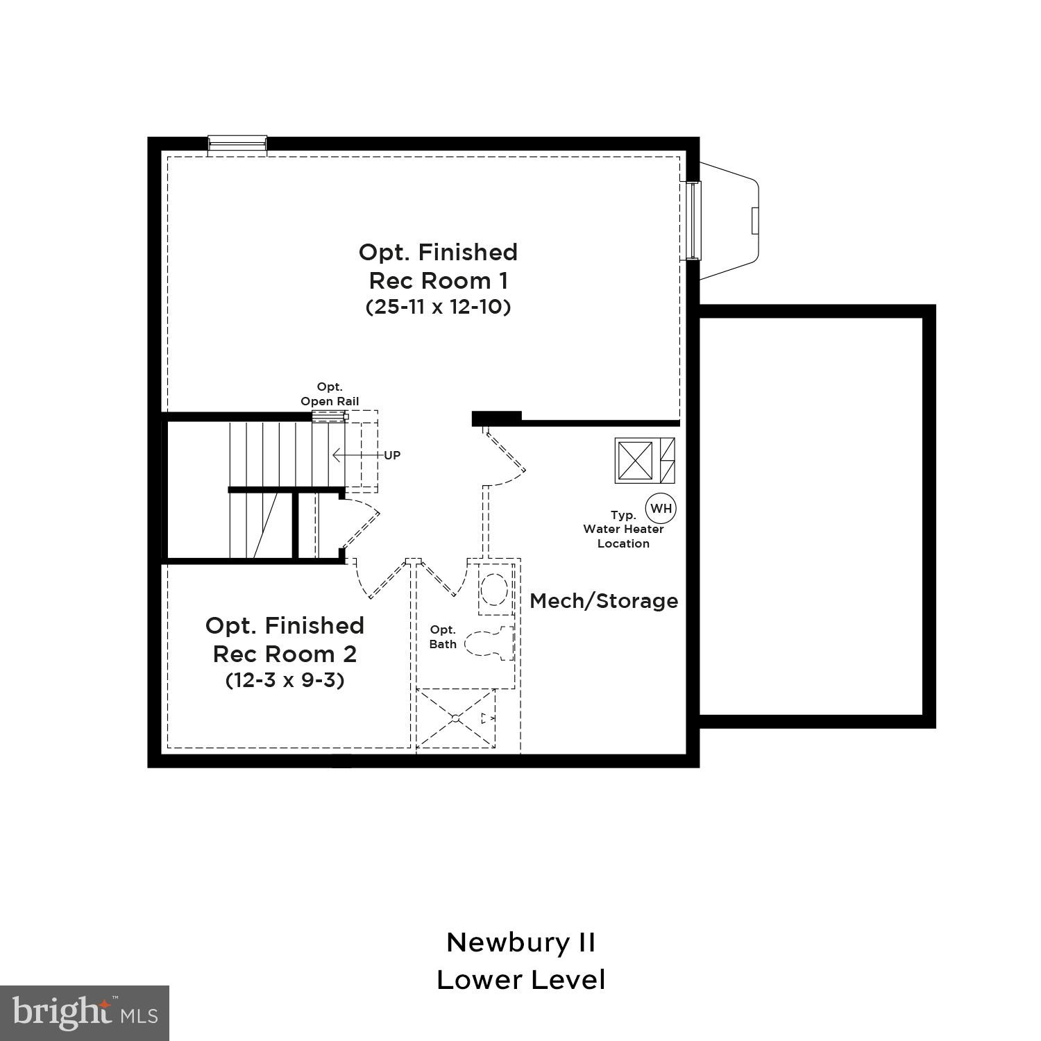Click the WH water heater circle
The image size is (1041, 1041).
(x=661, y=508)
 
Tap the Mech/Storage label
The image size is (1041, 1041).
(x=604, y=601)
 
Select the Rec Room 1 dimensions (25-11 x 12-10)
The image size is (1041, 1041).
(x=438, y=307)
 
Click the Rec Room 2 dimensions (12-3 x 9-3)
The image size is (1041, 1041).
(x=285, y=680)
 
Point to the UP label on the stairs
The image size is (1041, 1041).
(x=392, y=456)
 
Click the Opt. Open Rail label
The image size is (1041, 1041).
(x=330, y=394)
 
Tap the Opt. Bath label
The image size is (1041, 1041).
(x=443, y=637)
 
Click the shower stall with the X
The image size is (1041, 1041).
(x=456, y=718)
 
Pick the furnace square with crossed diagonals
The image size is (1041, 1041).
(x=635, y=460)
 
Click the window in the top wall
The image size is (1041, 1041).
(x=237, y=144)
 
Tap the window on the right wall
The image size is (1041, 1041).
(x=693, y=221)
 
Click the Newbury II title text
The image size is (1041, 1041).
(x=520, y=942)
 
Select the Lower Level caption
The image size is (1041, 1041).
(x=520, y=980)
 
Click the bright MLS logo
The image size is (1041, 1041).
(x=85, y=1013)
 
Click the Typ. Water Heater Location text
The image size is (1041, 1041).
(x=623, y=530)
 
